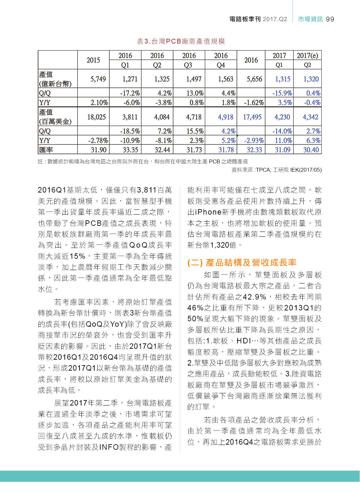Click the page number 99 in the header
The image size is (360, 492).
click(330, 19)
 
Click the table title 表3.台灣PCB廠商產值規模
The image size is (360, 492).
click(181, 41)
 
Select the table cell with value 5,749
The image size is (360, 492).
click(98, 79)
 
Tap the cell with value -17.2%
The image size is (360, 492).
click(130, 93)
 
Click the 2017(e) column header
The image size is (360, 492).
click(307, 56)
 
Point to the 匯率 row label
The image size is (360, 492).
click(46, 150)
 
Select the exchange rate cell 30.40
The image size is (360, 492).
click(311, 150)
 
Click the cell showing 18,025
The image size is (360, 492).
click(96, 117)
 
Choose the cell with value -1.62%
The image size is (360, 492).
click(254, 103)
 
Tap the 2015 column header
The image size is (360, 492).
click(93, 60)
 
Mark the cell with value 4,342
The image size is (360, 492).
click(310, 117)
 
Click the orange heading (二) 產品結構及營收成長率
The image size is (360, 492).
click(242, 263)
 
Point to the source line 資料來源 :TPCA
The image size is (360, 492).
click(276, 170)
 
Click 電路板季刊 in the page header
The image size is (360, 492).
click(245, 19)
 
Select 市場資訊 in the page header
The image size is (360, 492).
click(310, 19)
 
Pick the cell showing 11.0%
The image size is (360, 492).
click(283, 141)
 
